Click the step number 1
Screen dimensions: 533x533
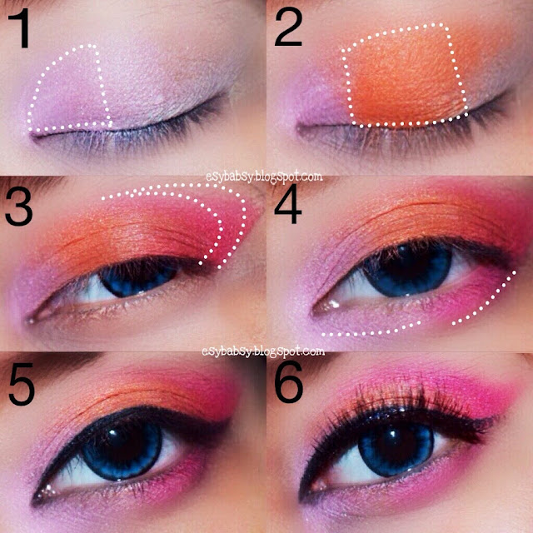[x=20, y=29]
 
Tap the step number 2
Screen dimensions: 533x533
[x=288, y=27]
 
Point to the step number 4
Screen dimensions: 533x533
[x=288, y=204]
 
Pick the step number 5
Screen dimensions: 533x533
[x=22, y=384]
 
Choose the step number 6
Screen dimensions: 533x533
[x=289, y=381]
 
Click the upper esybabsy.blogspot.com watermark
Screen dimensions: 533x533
[x=264, y=177]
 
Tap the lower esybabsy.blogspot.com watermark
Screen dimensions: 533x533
[x=263, y=351]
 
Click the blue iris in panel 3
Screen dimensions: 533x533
[x=139, y=278]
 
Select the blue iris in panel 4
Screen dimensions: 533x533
[x=407, y=269]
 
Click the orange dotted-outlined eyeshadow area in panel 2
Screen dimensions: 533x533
[x=405, y=77]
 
